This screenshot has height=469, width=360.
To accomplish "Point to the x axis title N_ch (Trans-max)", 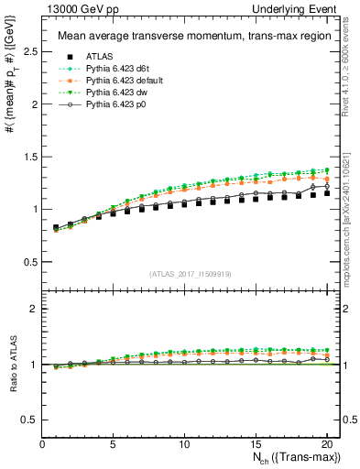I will pyautogui.click(x=296, y=458).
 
